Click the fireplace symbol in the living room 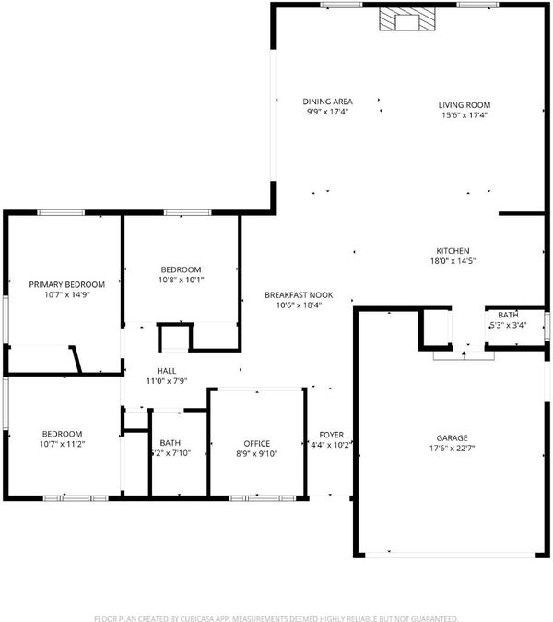[407, 19]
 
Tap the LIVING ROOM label [465, 105]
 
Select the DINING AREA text [327, 102]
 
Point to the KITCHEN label [453, 251]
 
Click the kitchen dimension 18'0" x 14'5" [453, 261]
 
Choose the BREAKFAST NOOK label [299, 295]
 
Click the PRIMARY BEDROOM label [67, 284]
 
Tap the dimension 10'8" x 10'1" [181, 280]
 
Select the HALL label [167, 371]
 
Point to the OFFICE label [257, 444]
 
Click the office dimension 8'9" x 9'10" [257, 453]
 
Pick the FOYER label [331, 435]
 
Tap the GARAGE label [452, 438]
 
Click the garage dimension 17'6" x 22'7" [452, 449]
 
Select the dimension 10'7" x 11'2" [62, 444]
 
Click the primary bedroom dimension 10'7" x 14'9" [67, 294]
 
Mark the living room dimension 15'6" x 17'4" [465, 115]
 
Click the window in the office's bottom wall [263, 498]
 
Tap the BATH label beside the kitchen [508, 315]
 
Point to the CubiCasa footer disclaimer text [276, 618]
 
